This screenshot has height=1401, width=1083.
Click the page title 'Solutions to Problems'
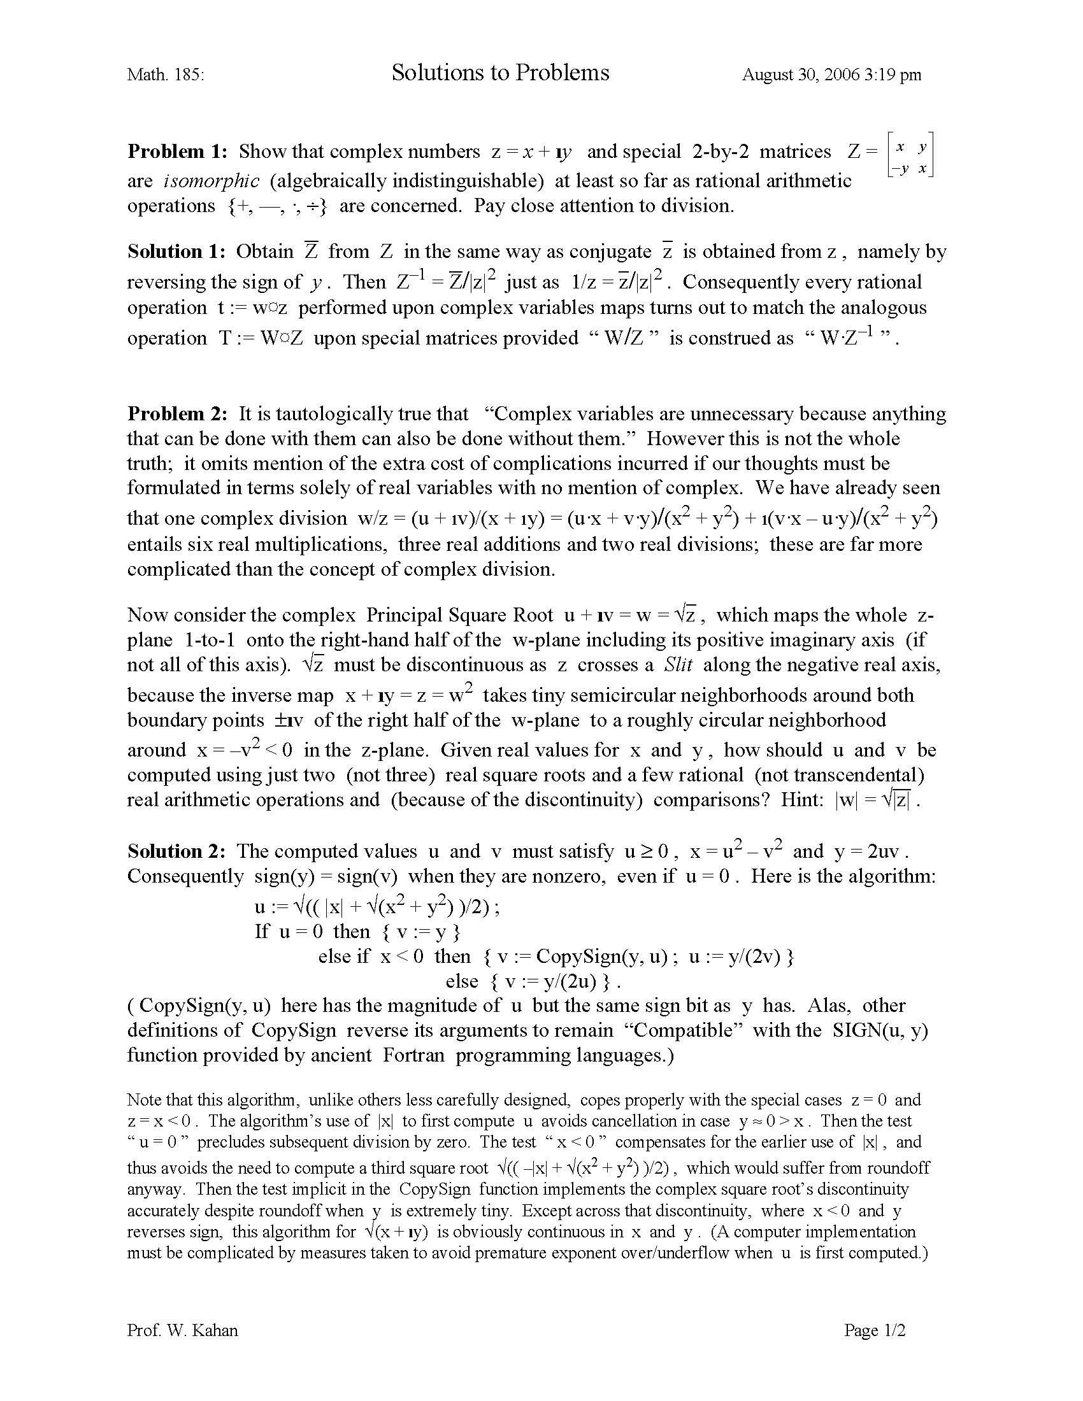[500, 73]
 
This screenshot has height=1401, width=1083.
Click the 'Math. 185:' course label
[166, 75]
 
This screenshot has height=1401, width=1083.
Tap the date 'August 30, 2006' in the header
[800, 75]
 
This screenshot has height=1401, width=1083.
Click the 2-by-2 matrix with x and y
[910, 155]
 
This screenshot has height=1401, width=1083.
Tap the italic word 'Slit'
[678, 665]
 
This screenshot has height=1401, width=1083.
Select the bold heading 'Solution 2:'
[176, 851]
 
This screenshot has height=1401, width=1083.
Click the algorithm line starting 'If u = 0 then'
[357, 932]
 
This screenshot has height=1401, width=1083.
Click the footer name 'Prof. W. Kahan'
[182, 1330]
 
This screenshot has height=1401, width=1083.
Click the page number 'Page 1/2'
[875, 1330]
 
